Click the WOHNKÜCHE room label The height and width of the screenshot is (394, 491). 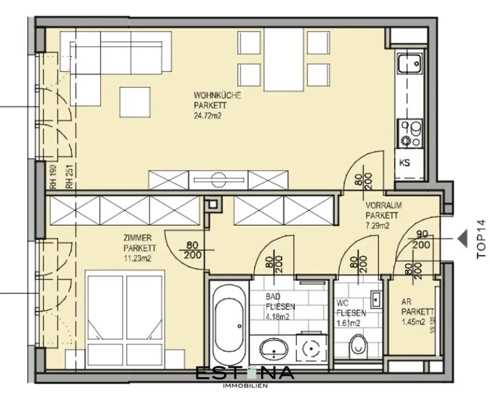click(x=217, y=95)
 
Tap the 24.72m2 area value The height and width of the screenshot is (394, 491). click(x=208, y=115)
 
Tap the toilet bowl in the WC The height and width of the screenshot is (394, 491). click(x=357, y=343)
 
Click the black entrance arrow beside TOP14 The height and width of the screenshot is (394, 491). click(x=462, y=238)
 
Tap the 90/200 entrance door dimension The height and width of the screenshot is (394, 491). click(x=421, y=240)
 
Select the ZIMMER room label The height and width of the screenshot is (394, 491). click(x=138, y=238)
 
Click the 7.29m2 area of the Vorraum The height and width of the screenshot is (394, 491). click(x=377, y=226)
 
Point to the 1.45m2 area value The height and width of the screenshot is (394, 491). click(x=413, y=322)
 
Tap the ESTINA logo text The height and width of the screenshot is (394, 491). click(x=245, y=373)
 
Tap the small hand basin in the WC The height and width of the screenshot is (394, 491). click(x=375, y=299)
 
